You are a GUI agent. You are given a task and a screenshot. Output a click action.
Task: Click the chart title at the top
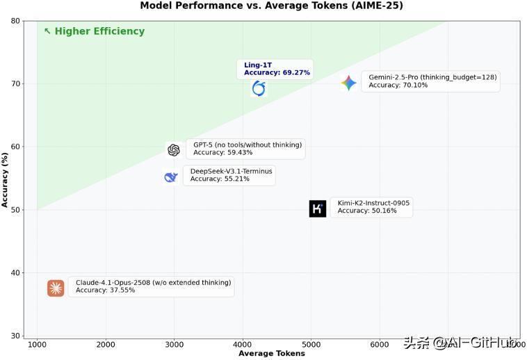(271, 6)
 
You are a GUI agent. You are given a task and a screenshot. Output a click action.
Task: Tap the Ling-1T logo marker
(259, 88)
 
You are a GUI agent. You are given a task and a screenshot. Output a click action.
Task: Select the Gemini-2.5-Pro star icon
(349, 83)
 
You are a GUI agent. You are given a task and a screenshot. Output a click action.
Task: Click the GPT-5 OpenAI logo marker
(174, 150)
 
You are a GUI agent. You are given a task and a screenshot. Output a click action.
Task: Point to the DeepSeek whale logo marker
(171, 177)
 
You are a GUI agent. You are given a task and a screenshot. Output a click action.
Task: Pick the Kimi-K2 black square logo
(318, 208)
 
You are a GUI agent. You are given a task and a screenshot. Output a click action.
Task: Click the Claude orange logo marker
(56, 288)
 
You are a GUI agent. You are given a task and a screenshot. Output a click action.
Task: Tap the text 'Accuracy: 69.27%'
(277, 73)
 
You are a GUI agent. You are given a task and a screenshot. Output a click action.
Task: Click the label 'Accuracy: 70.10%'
(398, 85)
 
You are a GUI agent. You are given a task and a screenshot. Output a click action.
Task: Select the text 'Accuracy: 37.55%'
(106, 291)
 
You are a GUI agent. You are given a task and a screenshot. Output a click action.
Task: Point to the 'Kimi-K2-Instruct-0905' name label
(373, 203)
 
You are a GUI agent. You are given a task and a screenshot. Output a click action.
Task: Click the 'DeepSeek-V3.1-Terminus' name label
(231, 170)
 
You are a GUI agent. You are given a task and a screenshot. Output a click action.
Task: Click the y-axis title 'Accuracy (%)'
(6, 179)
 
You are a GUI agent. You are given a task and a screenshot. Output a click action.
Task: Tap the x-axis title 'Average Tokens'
(271, 354)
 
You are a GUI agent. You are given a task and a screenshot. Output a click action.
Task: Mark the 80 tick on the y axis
(15, 21)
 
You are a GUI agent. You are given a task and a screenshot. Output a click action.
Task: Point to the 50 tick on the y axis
(15, 210)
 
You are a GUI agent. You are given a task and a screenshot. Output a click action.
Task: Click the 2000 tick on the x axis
(106, 344)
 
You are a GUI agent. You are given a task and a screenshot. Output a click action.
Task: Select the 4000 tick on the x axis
(243, 344)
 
